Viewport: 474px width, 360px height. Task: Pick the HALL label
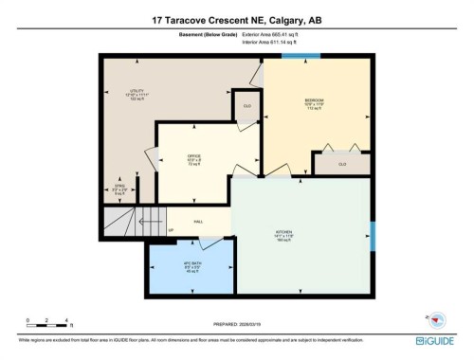(x=199, y=222)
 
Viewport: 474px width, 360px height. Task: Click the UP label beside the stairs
(x=171, y=231)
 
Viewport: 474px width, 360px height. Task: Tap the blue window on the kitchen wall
(x=373, y=235)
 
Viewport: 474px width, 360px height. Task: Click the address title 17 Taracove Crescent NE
(x=236, y=19)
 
